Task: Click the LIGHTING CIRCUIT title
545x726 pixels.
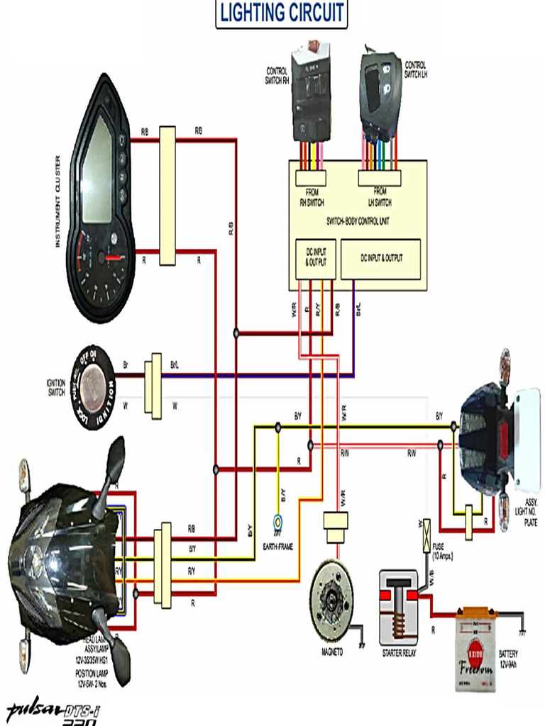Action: click(282, 13)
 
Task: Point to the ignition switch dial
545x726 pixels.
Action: click(93, 387)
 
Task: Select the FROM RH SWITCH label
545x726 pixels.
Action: click(311, 196)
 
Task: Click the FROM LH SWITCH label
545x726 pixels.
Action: click(380, 196)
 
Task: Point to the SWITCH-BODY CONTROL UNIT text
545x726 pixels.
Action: click(358, 221)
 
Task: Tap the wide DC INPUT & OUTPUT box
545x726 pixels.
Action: click(381, 259)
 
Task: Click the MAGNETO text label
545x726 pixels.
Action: click(331, 652)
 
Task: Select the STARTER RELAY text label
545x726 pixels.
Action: click(400, 653)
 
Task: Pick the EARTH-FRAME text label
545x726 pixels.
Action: click(279, 547)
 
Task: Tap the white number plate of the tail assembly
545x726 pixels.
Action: click(527, 440)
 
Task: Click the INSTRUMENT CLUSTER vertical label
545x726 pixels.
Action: click(58, 201)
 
